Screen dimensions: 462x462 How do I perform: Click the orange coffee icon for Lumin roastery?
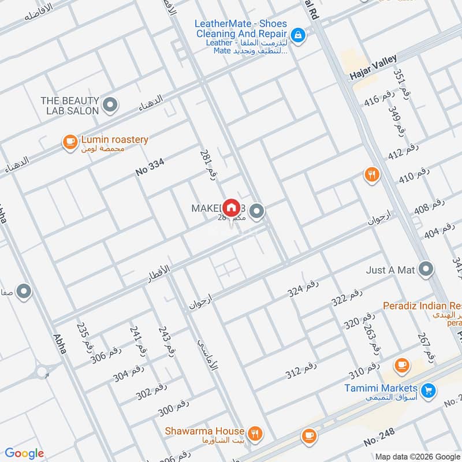click(70, 141)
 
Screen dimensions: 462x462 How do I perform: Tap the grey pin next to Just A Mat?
click(426, 269)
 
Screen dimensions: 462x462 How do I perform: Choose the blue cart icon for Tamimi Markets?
click(428, 391)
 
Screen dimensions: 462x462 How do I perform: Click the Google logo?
click(24, 453)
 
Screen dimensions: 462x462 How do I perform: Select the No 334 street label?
click(150, 167)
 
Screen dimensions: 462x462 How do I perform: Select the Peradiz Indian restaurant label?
click(422, 305)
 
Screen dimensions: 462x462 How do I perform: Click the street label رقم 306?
click(107, 355)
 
